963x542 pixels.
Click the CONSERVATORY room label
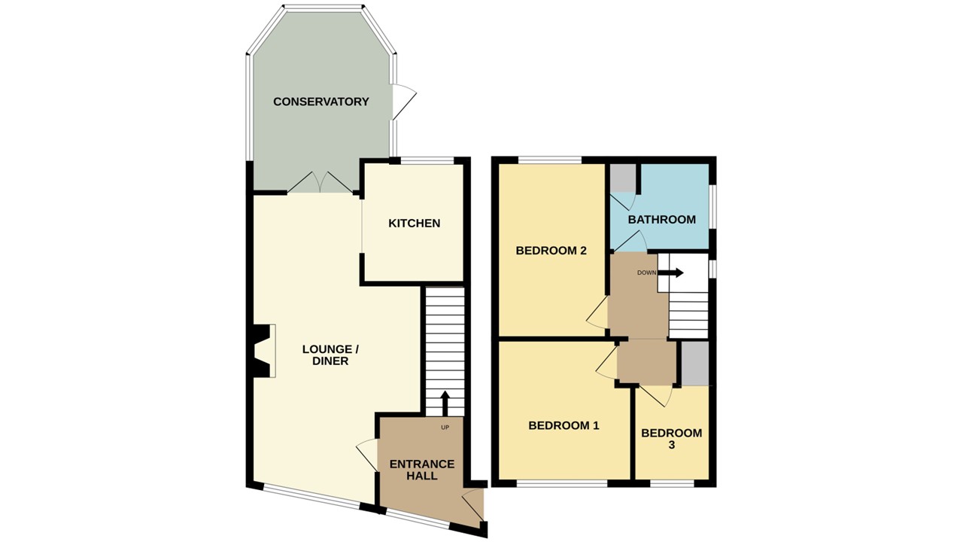tap(320, 102)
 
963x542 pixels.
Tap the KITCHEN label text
tap(414, 224)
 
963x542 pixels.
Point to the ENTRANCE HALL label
tap(421, 470)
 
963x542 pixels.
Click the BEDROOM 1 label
tap(564, 425)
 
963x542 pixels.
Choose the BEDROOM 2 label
tap(551, 251)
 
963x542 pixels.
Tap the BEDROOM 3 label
tap(671, 439)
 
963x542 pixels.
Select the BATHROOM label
tap(661, 220)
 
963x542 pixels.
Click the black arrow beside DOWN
tap(670, 273)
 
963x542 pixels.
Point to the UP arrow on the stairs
tap(445, 403)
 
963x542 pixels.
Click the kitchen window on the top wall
tap(426, 160)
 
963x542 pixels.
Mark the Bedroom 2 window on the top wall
tap(549, 160)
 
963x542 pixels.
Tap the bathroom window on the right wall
tap(712, 204)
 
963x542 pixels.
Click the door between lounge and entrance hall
tap(368, 455)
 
